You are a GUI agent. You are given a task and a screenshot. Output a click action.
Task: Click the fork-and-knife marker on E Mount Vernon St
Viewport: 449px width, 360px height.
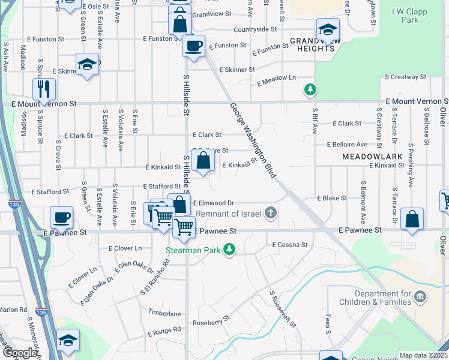pyautogui.click(x=44, y=89)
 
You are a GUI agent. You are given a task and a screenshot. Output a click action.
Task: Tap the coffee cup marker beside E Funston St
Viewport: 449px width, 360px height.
pyautogui.click(x=193, y=46)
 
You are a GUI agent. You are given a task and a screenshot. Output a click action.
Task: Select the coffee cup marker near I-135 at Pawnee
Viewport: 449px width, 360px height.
pyautogui.click(x=61, y=217)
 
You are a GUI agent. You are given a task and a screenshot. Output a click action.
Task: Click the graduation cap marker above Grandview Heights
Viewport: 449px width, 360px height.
pyautogui.click(x=328, y=29)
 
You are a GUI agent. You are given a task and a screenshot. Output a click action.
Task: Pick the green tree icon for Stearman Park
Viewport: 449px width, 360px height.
pyautogui.click(x=229, y=248)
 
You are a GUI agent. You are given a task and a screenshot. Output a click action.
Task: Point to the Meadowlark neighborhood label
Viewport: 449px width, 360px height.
pyautogui.click(x=372, y=156)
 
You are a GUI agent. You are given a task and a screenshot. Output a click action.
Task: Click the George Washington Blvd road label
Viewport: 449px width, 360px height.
pyautogui.click(x=253, y=140)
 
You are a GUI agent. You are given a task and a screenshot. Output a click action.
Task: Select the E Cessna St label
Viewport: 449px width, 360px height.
pyautogui.click(x=289, y=245)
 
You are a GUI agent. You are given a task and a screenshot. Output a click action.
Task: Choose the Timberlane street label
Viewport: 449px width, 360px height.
pyautogui.click(x=165, y=314)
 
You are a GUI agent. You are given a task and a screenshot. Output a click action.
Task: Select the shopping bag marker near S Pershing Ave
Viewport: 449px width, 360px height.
pyautogui.click(x=412, y=220)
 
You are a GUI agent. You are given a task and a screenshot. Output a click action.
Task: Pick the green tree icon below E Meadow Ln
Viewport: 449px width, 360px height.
pyautogui.click(x=310, y=91)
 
